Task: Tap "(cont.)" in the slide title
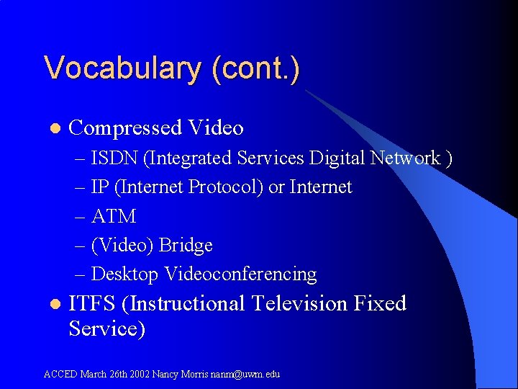[256, 69]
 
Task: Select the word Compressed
[125, 128]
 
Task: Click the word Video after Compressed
[216, 128]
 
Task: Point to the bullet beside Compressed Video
[53, 129]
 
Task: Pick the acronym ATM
[114, 216]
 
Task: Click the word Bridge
[186, 245]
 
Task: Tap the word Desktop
[125, 274]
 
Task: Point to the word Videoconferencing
[240, 274]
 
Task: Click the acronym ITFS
[93, 303]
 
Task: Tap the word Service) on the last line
[107, 328]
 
